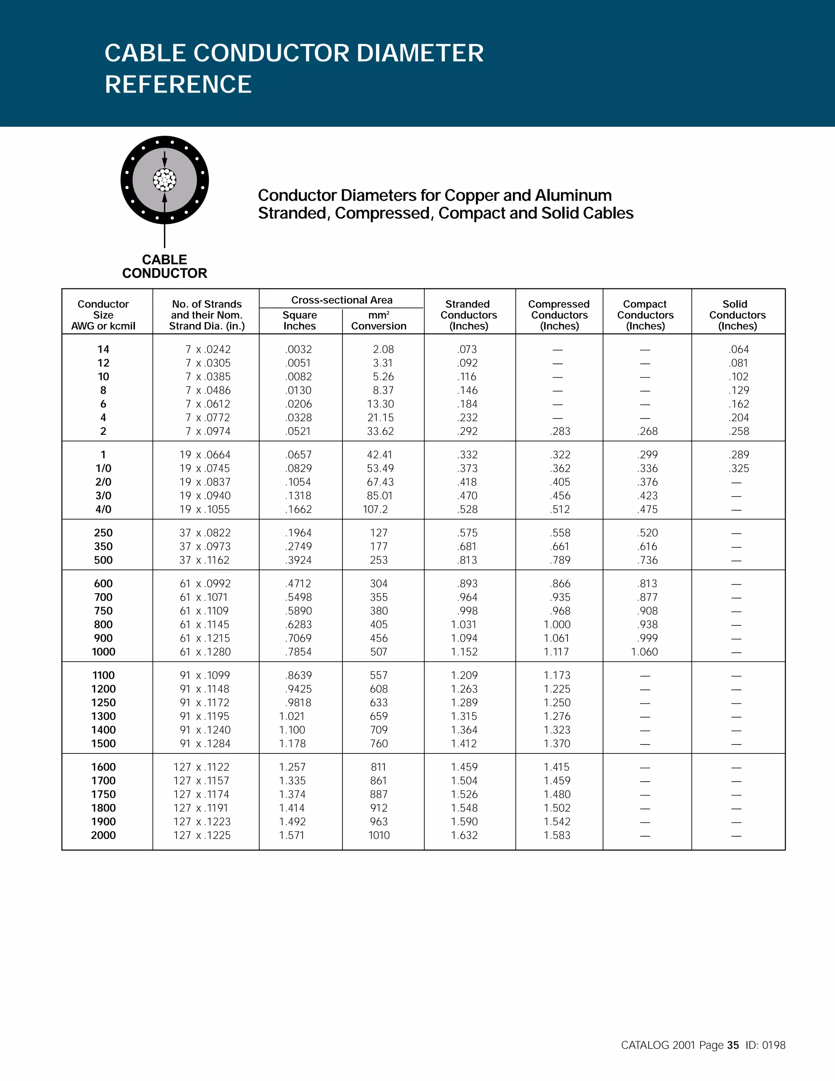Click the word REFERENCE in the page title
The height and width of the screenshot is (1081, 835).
(x=178, y=84)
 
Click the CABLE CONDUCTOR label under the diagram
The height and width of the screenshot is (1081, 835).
(x=165, y=266)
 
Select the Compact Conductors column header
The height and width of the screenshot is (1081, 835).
(x=645, y=315)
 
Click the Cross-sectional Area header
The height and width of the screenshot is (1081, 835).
(x=342, y=300)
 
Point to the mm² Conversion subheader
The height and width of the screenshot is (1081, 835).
(x=378, y=320)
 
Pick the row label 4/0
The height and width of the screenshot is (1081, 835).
(x=104, y=509)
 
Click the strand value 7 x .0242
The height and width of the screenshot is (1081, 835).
(x=208, y=350)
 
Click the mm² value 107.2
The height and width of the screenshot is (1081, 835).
(x=376, y=509)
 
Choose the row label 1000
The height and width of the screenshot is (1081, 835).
(x=104, y=652)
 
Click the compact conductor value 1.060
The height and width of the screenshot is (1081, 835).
(x=644, y=652)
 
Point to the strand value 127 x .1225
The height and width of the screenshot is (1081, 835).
(x=202, y=835)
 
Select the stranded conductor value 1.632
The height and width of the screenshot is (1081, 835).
(x=464, y=835)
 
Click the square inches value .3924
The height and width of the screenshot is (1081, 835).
(x=298, y=560)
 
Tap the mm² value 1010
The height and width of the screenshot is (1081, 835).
(x=379, y=835)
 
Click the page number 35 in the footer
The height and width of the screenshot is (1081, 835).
(x=733, y=1045)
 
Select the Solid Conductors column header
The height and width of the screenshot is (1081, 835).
(x=737, y=315)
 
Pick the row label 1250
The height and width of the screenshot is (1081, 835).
(x=104, y=703)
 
